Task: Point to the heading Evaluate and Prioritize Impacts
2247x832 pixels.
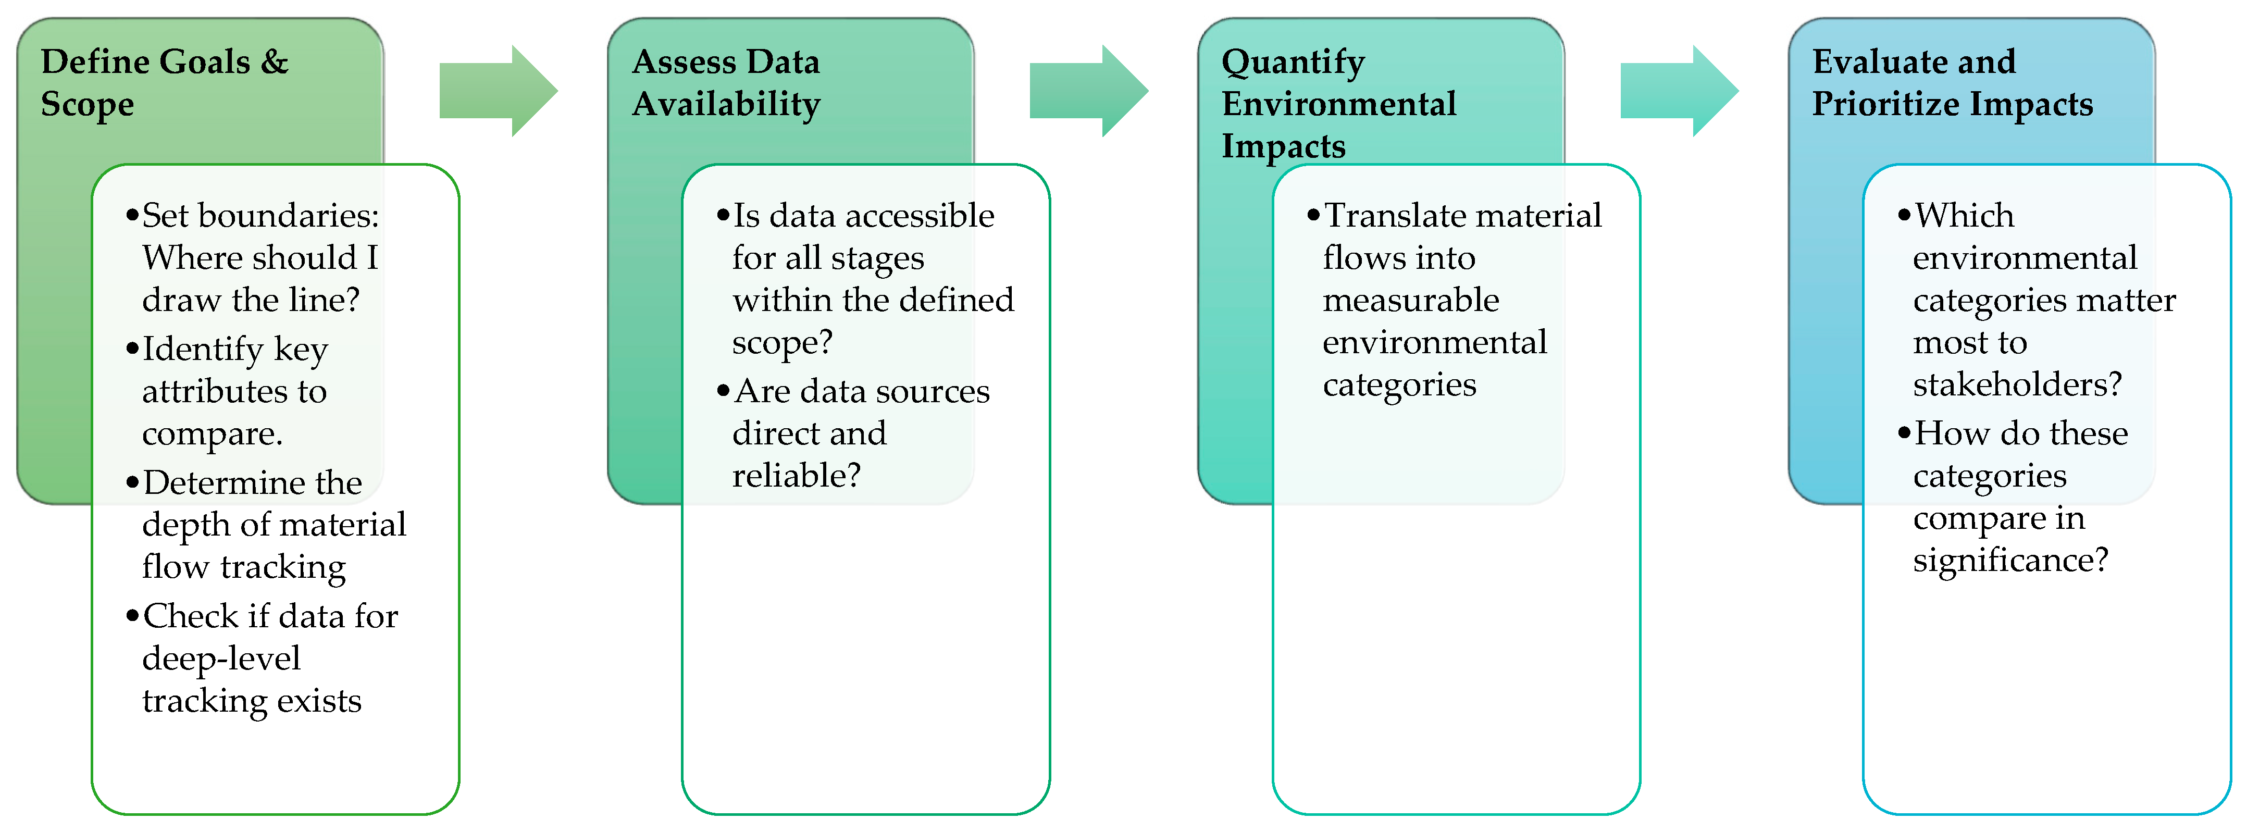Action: point(1952,83)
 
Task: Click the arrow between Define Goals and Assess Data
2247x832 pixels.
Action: point(497,91)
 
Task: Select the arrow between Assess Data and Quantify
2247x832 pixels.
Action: point(1088,91)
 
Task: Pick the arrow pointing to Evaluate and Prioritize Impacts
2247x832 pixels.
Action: point(1678,91)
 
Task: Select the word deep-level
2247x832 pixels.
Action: point(221,659)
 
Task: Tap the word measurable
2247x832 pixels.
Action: point(1410,300)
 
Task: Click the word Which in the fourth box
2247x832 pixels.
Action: point(1965,215)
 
